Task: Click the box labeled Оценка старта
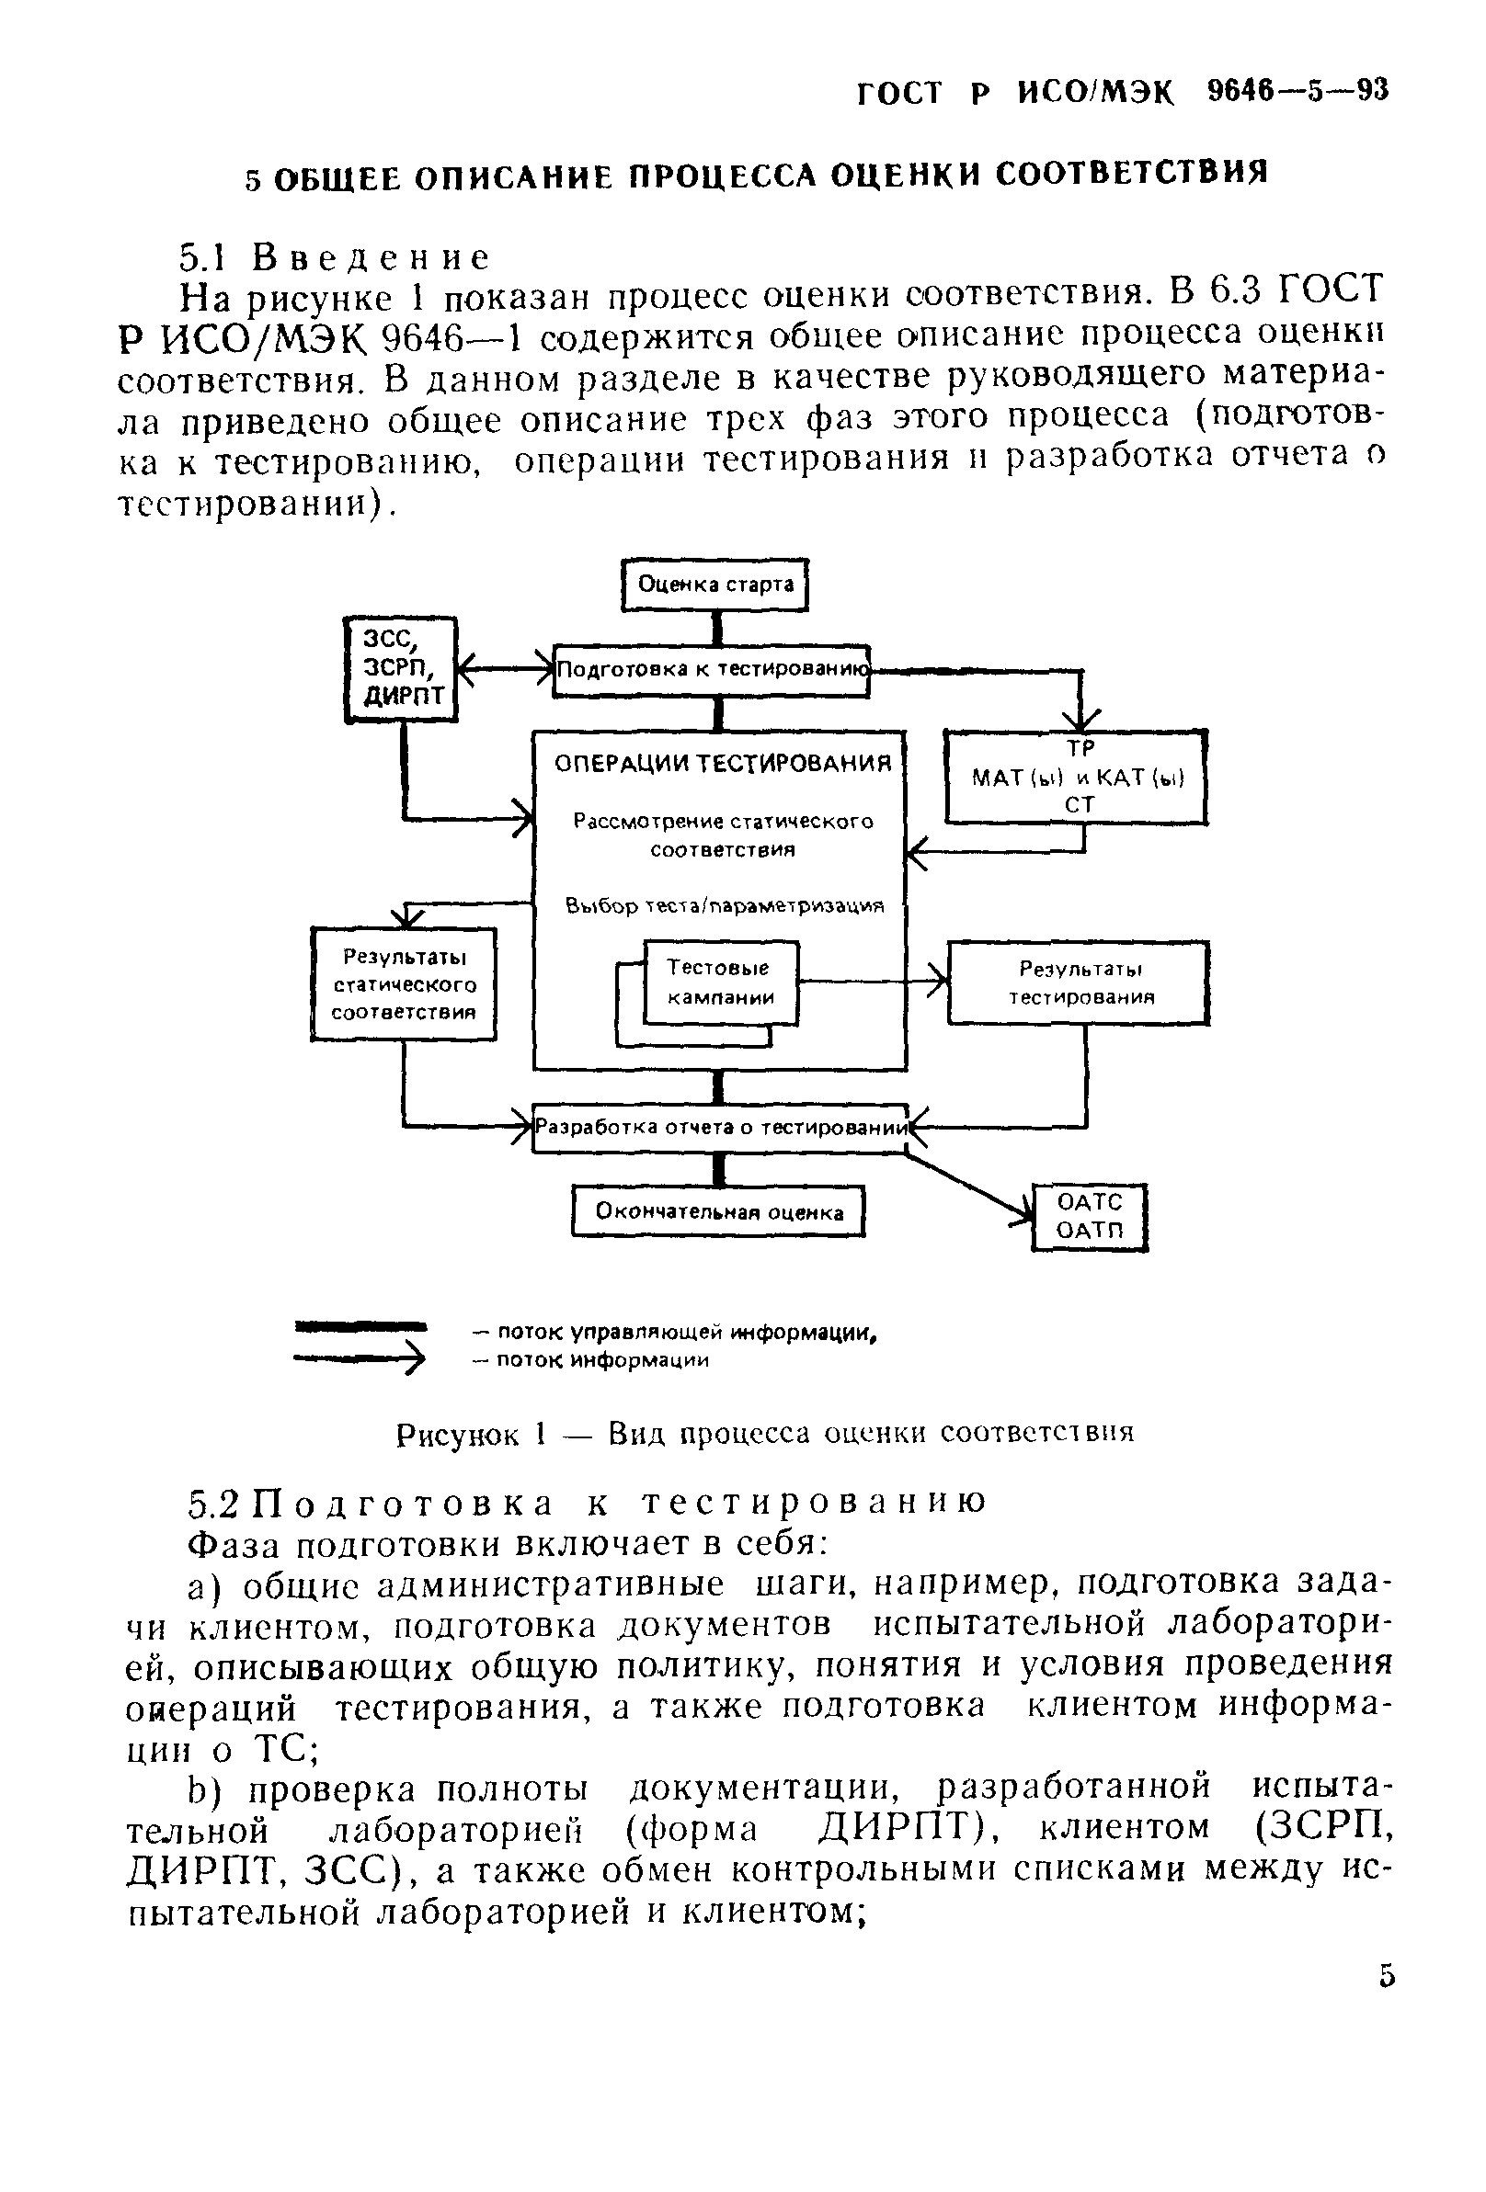click(715, 585)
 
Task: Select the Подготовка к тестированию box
click(711, 670)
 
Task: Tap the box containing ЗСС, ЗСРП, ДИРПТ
click(401, 670)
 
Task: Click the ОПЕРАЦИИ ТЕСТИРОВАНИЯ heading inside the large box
click(722, 763)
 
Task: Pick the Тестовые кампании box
click(721, 982)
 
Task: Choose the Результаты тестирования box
click(1079, 982)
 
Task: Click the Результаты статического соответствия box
click(404, 984)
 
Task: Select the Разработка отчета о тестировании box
click(720, 1127)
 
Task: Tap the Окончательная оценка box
click(719, 1211)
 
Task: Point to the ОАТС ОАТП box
click(1090, 1217)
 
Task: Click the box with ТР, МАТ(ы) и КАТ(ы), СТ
click(1077, 778)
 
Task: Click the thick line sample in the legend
click(361, 1327)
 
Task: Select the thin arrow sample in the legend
click(361, 1359)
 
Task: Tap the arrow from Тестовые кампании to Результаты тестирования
click(873, 982)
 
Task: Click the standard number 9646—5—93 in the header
click(1298, 92)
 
